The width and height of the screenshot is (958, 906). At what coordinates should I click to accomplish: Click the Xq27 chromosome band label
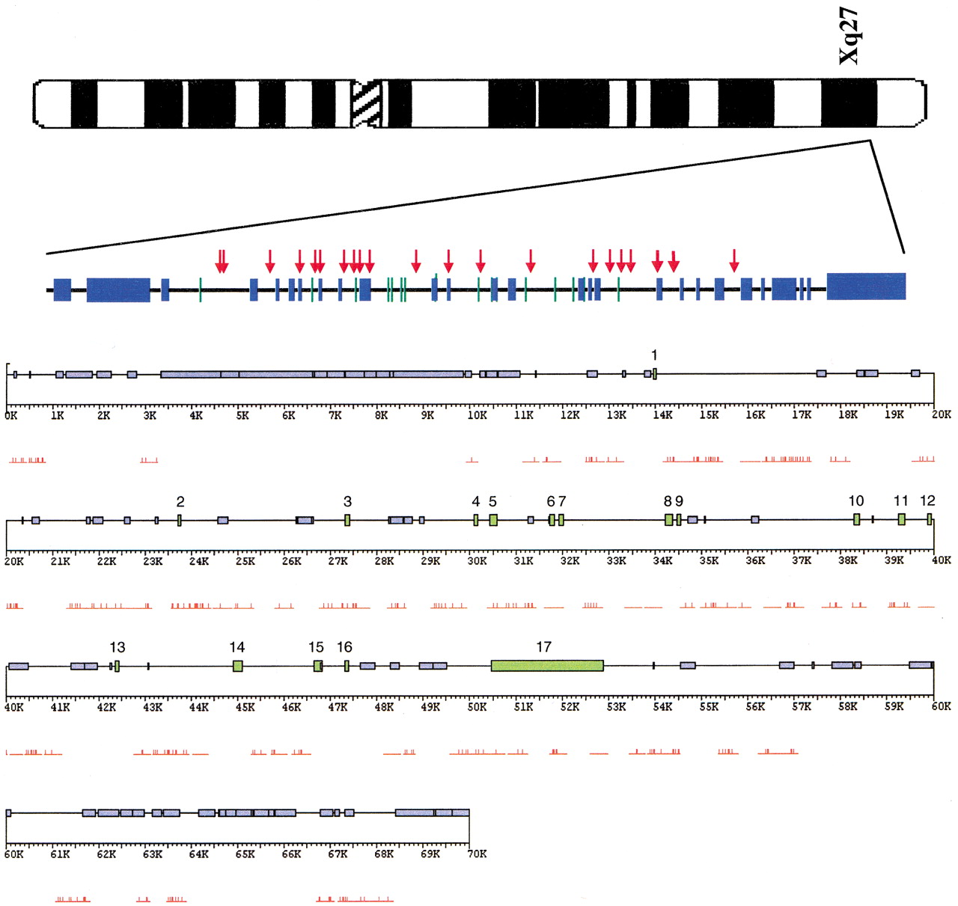coord(849,36)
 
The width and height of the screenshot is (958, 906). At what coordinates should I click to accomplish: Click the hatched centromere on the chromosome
coord(367,103)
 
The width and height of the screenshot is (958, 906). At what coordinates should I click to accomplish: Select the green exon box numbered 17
coord(546,665)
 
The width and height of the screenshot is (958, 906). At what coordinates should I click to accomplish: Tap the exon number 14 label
coord(237,647)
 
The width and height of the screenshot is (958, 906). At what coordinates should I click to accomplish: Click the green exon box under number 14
coord(237,666)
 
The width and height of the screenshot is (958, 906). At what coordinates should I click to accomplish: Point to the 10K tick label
coord(477,414)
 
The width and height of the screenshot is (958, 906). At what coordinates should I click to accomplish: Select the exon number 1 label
coord(654,355)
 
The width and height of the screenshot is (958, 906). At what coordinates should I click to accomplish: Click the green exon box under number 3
coord(347,520)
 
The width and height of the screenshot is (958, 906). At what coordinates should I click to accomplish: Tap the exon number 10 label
coord(855,501)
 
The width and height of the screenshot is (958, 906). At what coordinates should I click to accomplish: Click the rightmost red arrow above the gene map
coord(734,260)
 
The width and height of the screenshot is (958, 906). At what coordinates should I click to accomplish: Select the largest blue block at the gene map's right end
coord(866,286)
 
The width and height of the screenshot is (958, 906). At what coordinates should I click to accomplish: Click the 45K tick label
coord(245,707)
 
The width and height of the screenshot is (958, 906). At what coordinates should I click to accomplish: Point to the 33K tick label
coord(616,560)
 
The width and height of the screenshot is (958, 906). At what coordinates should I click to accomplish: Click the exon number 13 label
coord(118,647)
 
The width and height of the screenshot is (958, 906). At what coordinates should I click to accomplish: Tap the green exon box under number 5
coord(493,520)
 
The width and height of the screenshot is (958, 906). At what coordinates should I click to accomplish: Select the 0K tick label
coord(10,414)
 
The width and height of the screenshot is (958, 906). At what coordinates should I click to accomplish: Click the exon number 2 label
coord(180,501)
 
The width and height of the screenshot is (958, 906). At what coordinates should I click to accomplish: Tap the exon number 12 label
coord(927,501)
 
